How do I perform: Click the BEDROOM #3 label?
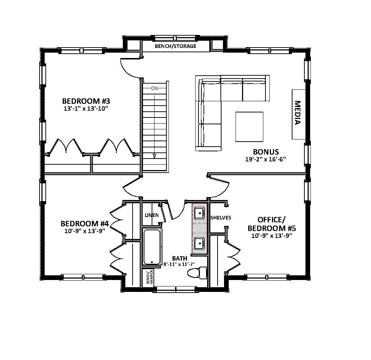pyautogui.click(x=86, y=101)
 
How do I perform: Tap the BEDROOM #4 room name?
pyautogui.click(x=85, y=223)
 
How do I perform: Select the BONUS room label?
pyautogui.click(x=266, y=152)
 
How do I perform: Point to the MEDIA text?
pyautogui.click(x=297, y=113)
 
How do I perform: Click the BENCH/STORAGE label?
pyautogui.click(x=175, y=46)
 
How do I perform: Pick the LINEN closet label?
pyautogui.click(x=152, y=215)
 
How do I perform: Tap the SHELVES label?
pyautogui.click(x=220, y=218)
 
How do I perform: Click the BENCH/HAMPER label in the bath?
pyautogui.click(x=149, y=277)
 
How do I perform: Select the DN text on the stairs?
pyautogui.click(x=154, y=88)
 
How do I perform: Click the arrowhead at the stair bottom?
pyautogui.click(x=154, y=156)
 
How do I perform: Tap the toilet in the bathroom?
pyautogui.click(x=197, y=273)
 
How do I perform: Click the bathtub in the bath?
pyautogui.click(x=153, y=247)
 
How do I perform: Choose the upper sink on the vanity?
pyautogui.click(x=199, y=213)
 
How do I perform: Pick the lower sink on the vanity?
pyautogui.click(x=199, y=243)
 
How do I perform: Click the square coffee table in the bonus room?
pyautogui.click(x=249, y=126)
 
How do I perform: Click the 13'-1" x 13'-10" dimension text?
pyautogui.click(x=86, y=108)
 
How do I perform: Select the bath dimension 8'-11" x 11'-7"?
pyautogui.click(x=179, y=264)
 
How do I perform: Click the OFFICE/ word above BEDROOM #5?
pyautogui.click(x=271, y=220)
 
